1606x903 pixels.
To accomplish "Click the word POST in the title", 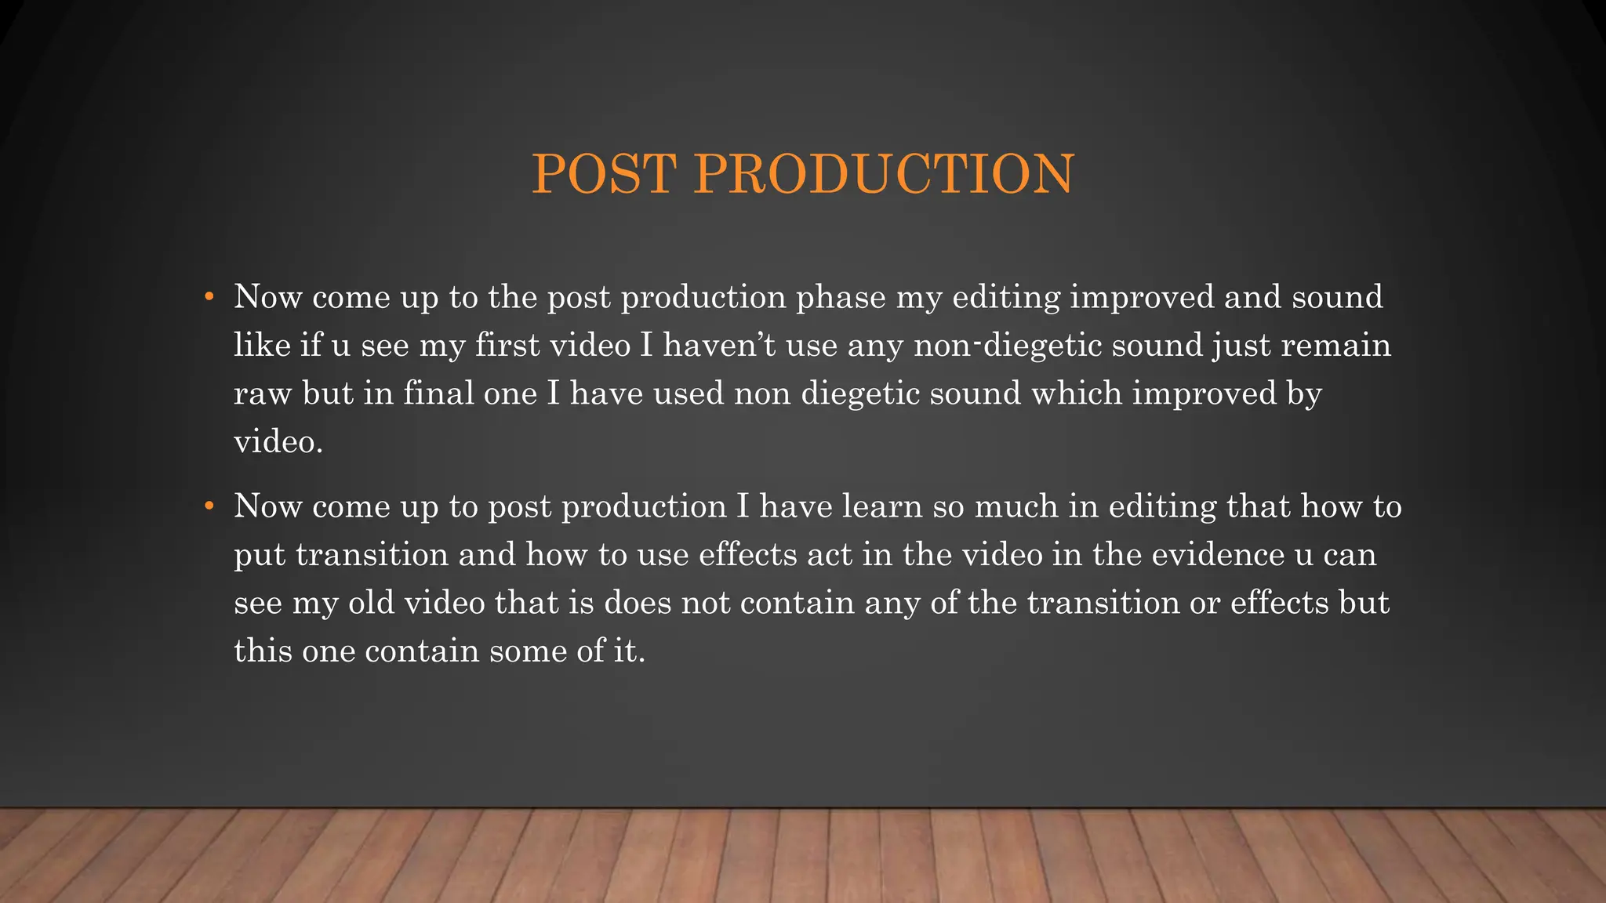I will click(604, 174).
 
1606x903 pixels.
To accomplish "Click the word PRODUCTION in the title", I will click(884, 174).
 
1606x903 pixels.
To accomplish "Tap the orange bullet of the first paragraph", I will click(209, 297).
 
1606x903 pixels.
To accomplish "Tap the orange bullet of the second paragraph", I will click(209, 506).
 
